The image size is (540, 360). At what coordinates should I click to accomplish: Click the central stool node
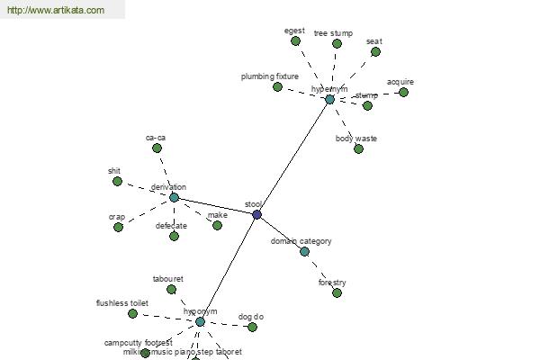click(256, 214)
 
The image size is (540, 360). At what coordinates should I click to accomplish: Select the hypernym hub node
click(329, 99)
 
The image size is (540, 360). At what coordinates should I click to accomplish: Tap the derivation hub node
click(174, 197)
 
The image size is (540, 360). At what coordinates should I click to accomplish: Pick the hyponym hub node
click(200, 321)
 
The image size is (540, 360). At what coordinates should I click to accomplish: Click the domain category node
click(304, 251)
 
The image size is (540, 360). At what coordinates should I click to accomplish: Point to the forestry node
click(337, 292)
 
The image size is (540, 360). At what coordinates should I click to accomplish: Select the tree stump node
click(337, 43)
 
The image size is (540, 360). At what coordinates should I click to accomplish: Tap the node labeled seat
click(376, 51)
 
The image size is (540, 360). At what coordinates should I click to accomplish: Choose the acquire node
click(403, 92)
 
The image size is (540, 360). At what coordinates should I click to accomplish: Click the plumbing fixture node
click(277, 86)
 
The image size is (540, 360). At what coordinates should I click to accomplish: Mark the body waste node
click(358, 148)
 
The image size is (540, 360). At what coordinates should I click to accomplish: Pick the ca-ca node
click(157, 148)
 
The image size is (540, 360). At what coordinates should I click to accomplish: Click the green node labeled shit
click(117, 181)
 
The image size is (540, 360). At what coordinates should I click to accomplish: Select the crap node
click(118, 227)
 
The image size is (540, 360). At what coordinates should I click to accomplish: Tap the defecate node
click(174, 236)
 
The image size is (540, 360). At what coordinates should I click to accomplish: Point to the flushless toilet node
click(132, 313)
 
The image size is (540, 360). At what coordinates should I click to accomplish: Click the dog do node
click(252, 327)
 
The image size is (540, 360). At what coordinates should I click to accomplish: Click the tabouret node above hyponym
click(171, 289)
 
